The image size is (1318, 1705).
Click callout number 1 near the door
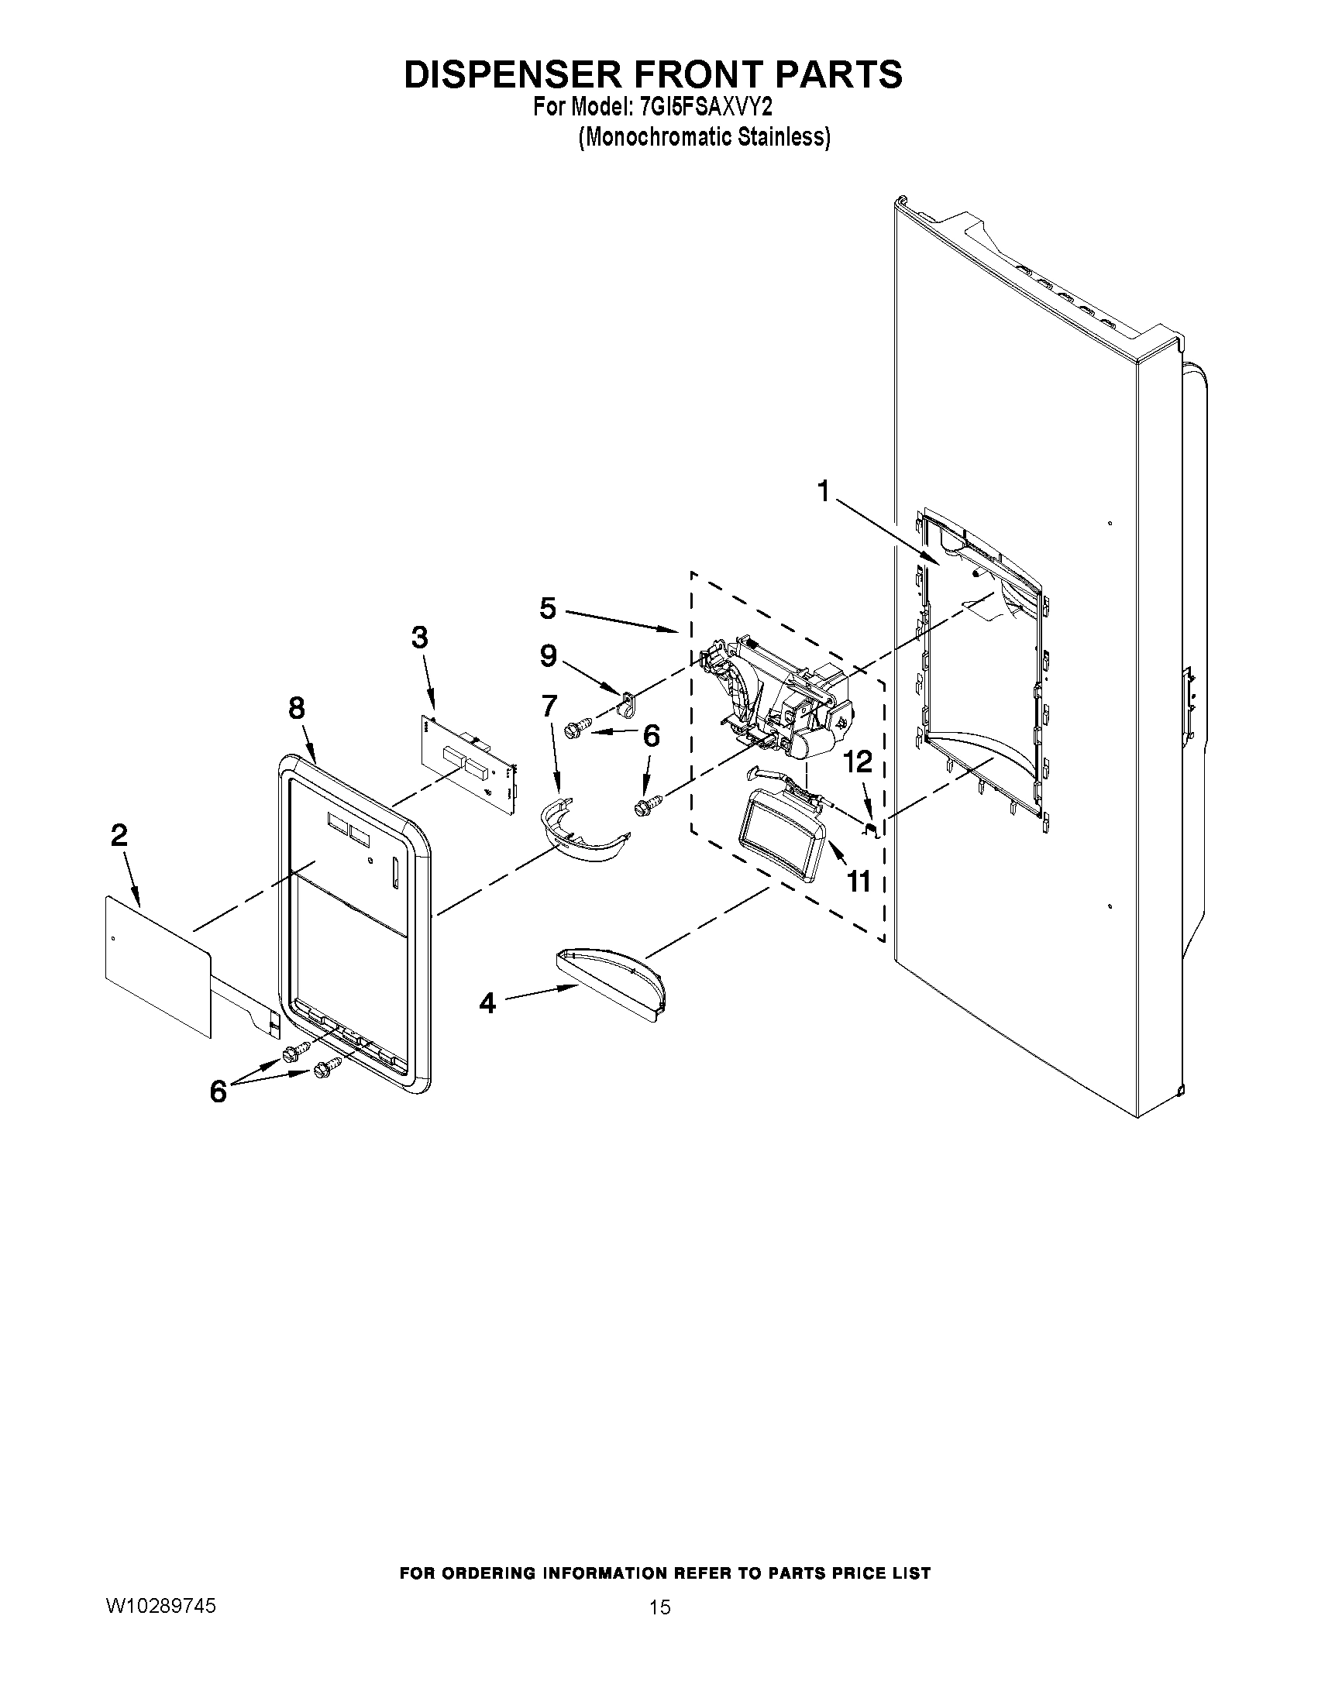(822, 492)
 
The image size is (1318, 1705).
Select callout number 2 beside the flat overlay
(119, 836)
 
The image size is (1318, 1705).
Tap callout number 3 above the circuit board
(419, 638)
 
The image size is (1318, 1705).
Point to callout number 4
(487, 1002)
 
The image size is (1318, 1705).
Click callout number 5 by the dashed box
(548, 608)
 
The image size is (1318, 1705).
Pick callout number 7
(549, 706)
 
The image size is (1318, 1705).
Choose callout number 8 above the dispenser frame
(297, 708)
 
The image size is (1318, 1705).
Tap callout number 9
(548, 656)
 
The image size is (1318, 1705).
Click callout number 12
(858, 762)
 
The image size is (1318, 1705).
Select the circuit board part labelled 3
(469, 761)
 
